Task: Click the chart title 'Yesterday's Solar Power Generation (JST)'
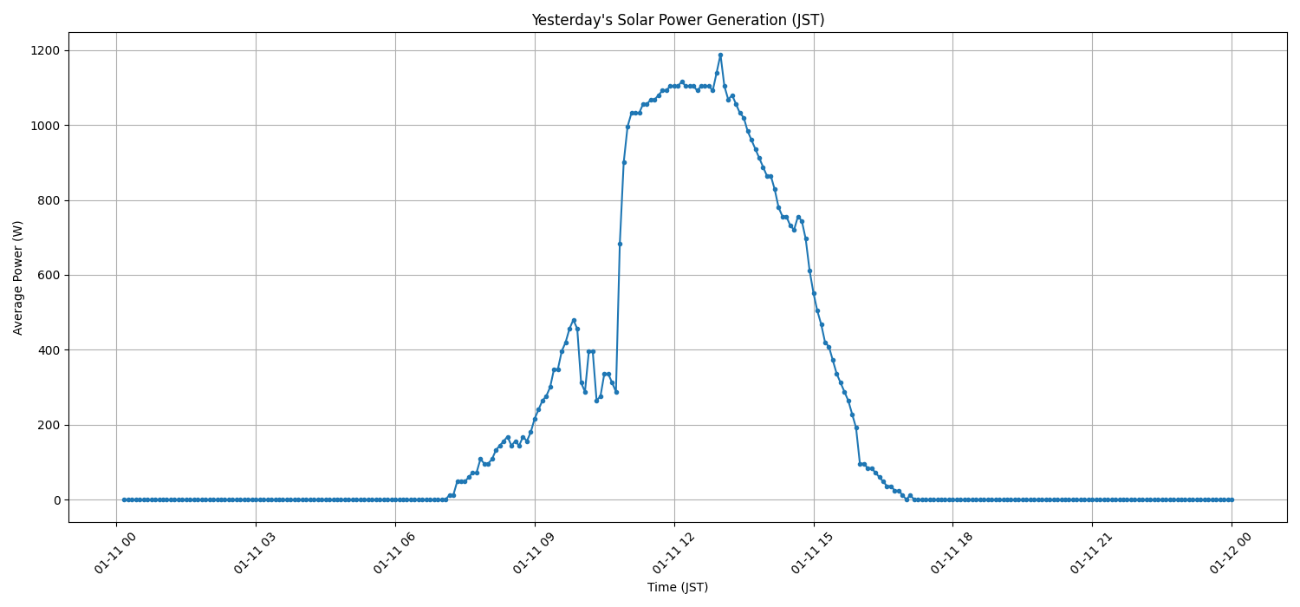point(677,20)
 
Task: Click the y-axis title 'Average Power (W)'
point(18,277)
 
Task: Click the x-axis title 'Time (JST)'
point(677,587)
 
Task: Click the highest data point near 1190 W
point(720,55)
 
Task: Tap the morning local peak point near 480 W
point(574,320)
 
